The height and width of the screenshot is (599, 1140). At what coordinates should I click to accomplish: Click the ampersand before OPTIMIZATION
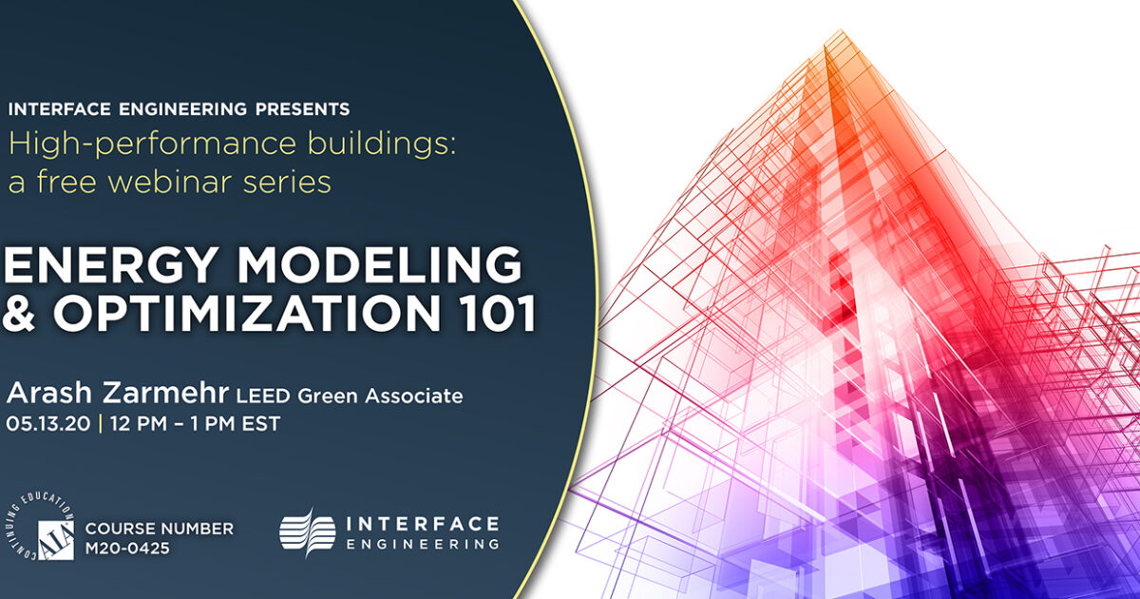pyautogui.click(x=20, y=313)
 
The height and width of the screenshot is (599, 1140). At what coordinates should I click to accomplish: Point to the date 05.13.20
pyautogui.click(x=48, y=424)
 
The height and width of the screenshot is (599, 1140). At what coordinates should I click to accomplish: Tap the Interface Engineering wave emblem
pyautogui.click(x=307, y=531)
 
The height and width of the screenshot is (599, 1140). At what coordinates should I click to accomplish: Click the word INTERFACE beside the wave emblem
pyautogui.click(x=422, y=524)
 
